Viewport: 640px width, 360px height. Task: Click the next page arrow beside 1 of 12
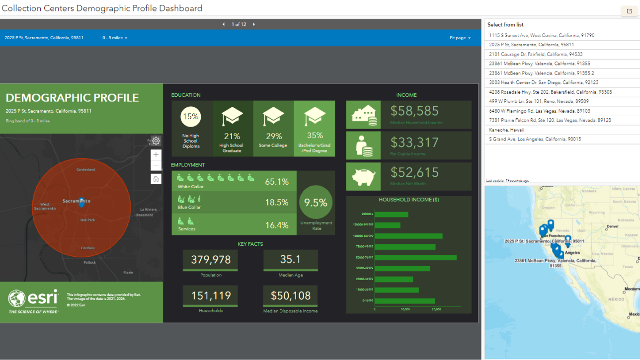click(254, 24)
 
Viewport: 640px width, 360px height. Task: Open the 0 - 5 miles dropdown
click(115, 38)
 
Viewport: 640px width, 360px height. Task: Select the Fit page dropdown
click(460, 38)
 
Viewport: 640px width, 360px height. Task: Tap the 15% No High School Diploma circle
click(191, 117)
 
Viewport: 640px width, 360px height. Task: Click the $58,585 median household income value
click(414, 111)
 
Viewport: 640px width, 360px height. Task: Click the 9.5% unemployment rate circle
click(316, 203)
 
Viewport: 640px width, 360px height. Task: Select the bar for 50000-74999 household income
click(415, 258)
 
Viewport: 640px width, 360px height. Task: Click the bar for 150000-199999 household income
click(388, 225)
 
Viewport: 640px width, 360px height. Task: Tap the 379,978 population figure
click(211, 260)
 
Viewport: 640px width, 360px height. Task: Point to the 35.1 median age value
click(290, 259)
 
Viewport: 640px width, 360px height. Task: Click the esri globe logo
click(17, 298)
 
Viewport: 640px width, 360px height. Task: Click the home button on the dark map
click(156, 179)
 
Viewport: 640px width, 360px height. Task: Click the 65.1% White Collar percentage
click(277, 182)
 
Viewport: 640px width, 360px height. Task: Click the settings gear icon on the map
click(156, 141)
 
